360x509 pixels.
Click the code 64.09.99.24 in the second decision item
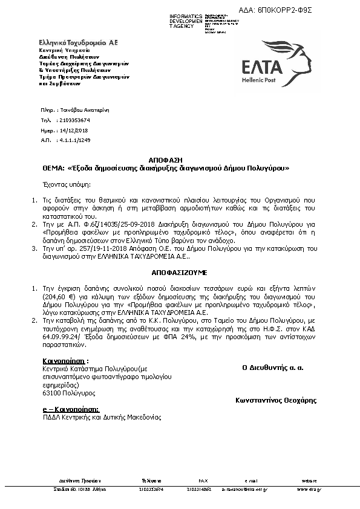coord(64,337)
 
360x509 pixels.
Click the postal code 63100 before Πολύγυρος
coord(50,393)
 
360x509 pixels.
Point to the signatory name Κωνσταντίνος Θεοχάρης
coord(275,400)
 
